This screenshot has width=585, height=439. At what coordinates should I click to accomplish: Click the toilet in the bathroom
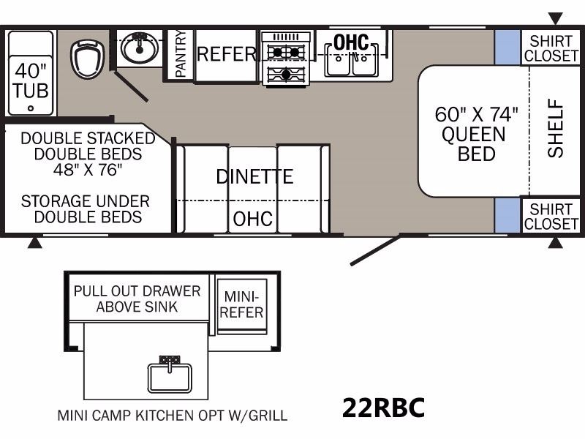tap(88, 60)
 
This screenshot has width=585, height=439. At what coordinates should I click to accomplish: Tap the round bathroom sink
tap(140, 48)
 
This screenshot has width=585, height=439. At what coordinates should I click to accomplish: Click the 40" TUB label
tap(31, 81)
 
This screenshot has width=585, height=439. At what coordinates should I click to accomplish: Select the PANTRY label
tap(181, 53)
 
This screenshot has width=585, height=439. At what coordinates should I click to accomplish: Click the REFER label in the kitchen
tap(227, 54)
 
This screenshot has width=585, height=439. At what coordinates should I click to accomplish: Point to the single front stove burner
tap(286, 74)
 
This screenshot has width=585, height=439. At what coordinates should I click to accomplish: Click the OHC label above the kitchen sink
tap(351, 42)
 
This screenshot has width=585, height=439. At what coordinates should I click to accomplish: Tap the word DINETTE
tap(254, 176)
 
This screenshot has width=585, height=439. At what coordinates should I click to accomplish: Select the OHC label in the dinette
tap(252, 219)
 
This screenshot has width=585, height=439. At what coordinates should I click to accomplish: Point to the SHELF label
tap(555, 128)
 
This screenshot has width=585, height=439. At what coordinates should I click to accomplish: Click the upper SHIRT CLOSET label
tap(551, 48)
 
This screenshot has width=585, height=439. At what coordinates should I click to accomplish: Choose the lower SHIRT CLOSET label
tap(551, 217)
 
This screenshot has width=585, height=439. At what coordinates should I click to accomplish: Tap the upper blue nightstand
tap(507, 48)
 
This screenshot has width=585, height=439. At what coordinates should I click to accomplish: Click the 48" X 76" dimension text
tap(88, 170)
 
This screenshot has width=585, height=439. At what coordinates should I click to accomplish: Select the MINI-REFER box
tap(242, 305)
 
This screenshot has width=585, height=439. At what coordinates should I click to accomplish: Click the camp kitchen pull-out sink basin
tap(170, 377)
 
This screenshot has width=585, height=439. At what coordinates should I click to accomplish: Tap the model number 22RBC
tap(383, 408)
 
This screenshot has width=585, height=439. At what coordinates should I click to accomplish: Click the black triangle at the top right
tap(556, 18)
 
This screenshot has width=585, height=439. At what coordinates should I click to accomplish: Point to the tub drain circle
tap(31, 108)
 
